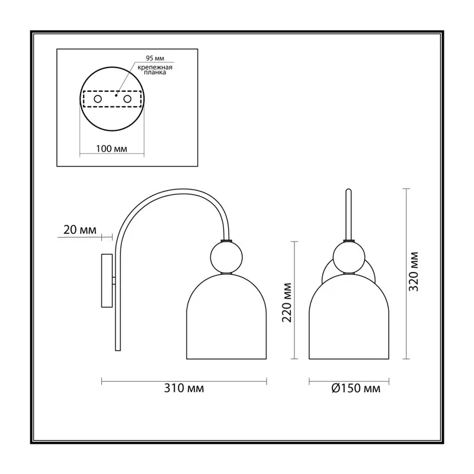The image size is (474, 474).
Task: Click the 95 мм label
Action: [x=155, y=58]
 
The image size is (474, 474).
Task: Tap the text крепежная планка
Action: [x=155, y=70]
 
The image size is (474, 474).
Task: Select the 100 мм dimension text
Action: [x=111, y=149]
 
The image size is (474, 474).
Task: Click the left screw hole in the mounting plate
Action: [x=98, y=99]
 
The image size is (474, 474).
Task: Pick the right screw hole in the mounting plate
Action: [x=127, y=99]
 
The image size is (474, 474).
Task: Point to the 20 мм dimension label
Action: [x=80, y=230]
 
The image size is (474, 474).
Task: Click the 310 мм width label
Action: [x=184, y=388]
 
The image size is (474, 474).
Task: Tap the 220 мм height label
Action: [x=287, y=303]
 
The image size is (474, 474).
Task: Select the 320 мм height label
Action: [x=413, y=271]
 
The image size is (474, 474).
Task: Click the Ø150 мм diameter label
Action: [x=356, y=388]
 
